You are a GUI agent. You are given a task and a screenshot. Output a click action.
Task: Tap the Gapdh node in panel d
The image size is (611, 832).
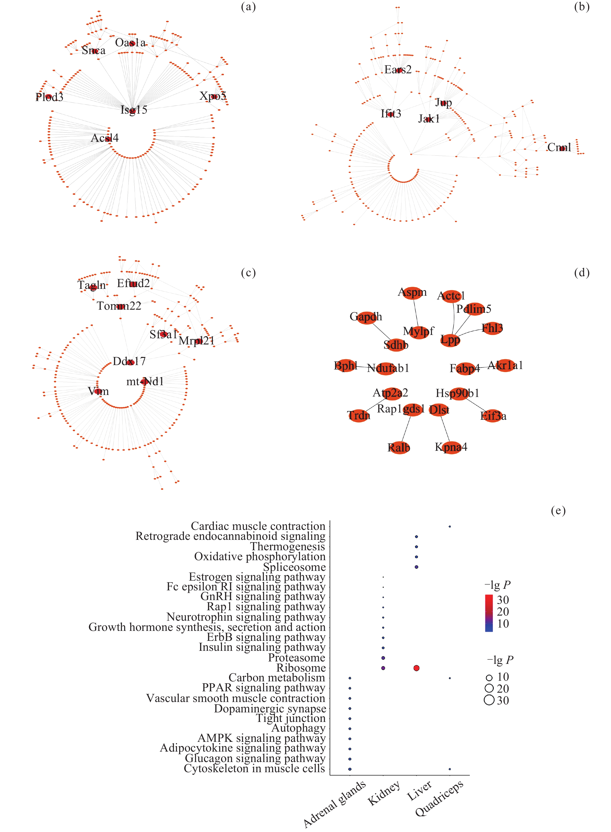pos(366,317)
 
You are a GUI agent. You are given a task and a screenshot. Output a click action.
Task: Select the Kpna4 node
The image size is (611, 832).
pos(452,447)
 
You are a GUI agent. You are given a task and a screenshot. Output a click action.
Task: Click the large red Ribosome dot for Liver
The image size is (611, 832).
pos(416,668)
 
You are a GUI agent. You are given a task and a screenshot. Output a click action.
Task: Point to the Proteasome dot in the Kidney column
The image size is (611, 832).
pos(383,658)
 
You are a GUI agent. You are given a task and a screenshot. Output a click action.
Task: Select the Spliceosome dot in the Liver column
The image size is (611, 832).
pos(416,567)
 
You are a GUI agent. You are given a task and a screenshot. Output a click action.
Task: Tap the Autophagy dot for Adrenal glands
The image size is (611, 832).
pos(350,729)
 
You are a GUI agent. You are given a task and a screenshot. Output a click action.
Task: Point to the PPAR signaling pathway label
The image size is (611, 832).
pos(263,688)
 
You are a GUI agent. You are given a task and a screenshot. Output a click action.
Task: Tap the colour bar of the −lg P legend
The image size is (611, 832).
pos(489,613)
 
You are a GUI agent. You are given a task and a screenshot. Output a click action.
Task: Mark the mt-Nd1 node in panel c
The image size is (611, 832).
pos(144,382)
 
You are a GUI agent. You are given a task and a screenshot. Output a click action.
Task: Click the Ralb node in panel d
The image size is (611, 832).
pos(399,448)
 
